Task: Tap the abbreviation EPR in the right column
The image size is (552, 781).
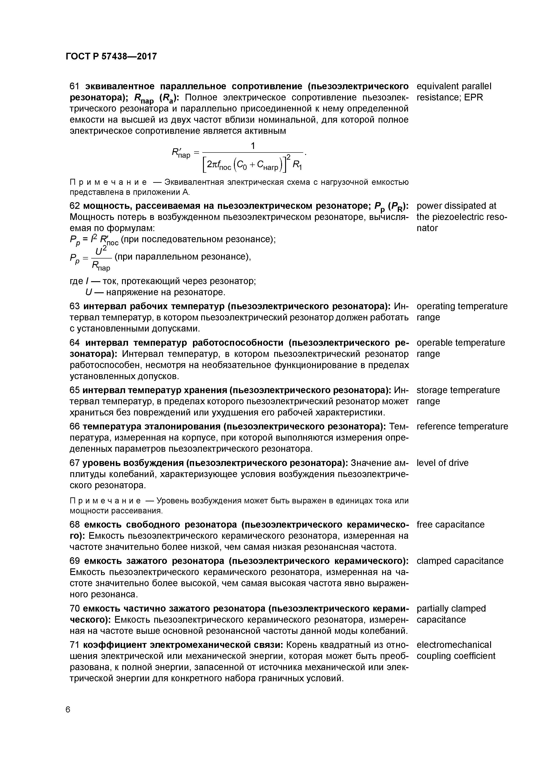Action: [473, 98]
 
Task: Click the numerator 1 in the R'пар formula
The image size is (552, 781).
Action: [253, 146]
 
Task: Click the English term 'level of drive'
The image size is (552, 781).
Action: [442, 463]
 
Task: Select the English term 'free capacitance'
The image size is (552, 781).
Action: [450, 525]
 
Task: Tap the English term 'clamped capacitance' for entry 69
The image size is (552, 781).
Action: [460, 561]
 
